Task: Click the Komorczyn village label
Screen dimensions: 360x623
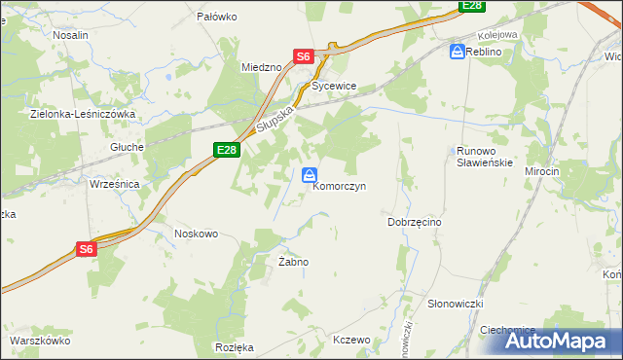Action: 339,188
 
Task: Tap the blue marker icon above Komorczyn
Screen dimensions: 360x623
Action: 309,175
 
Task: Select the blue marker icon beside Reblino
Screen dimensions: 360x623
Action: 457,52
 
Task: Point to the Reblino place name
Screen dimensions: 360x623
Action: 484,52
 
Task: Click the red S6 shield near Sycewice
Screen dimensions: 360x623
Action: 304,56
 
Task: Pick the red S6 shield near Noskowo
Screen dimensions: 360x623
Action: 87,249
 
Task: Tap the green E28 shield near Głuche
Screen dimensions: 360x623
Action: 226,149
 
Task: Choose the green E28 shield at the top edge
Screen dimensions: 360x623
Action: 472,6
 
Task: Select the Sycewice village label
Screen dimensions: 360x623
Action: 335,86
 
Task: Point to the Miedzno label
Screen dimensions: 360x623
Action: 261,66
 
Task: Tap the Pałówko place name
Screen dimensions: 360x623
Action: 217,17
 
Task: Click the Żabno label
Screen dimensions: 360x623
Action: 293,263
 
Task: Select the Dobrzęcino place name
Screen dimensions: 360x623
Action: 415,222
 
